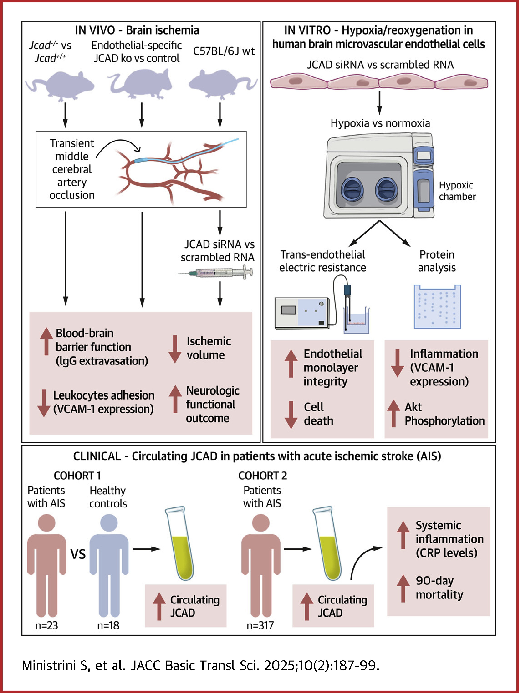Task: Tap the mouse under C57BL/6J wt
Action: [x=221, y=84]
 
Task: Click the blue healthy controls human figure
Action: [x=109, y=564]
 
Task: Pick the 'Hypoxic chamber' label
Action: [x=457, y=191]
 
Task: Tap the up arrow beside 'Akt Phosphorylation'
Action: [x=393, y=413]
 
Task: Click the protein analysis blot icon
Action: [x=437, y=306]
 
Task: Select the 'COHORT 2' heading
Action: [x=262, y=476]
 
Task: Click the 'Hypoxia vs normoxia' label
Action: [x=380, y=123]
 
